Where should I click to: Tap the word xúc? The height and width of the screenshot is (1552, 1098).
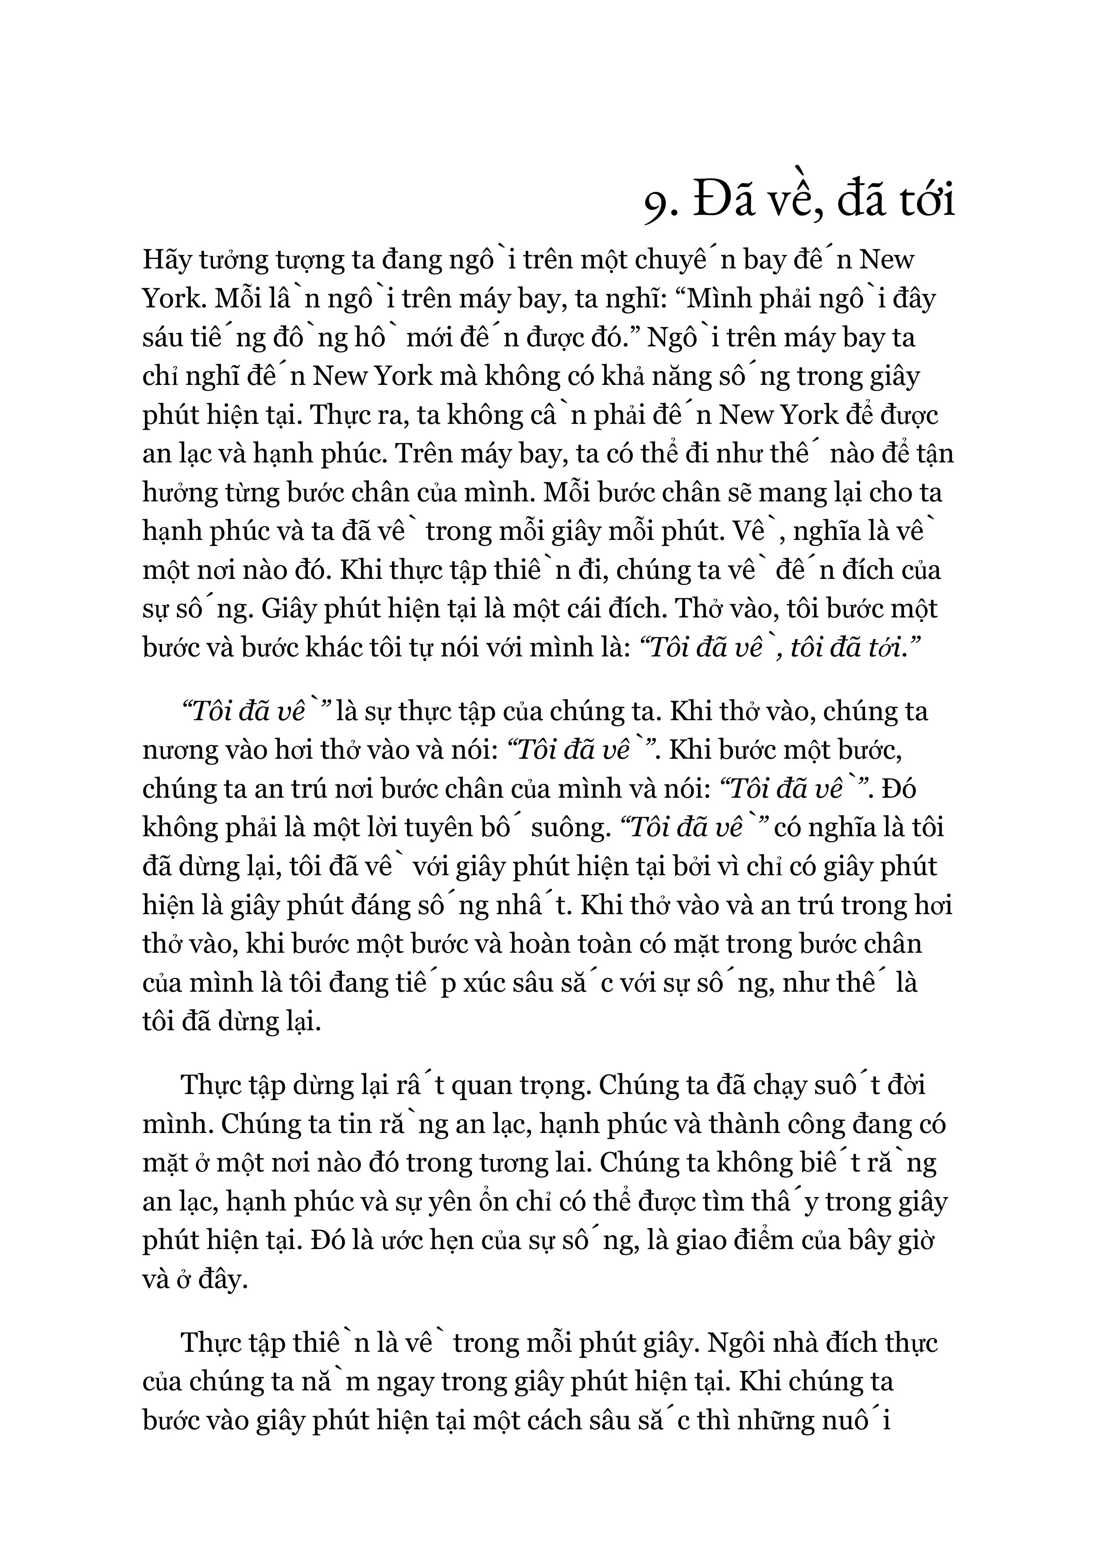tap(499, 983)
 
